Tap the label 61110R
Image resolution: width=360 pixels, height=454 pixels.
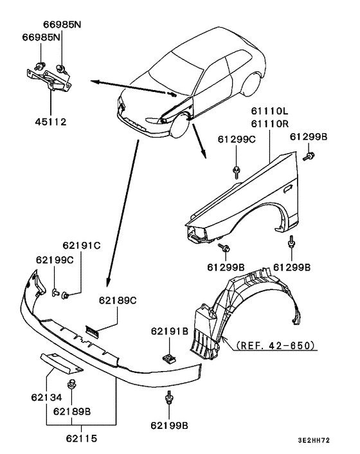click(269, 123)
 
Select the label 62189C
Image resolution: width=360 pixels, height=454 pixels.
click(118, 300)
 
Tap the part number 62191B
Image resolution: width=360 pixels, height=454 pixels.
click(170, 331)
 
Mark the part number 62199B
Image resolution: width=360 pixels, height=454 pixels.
click(170, 425)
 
